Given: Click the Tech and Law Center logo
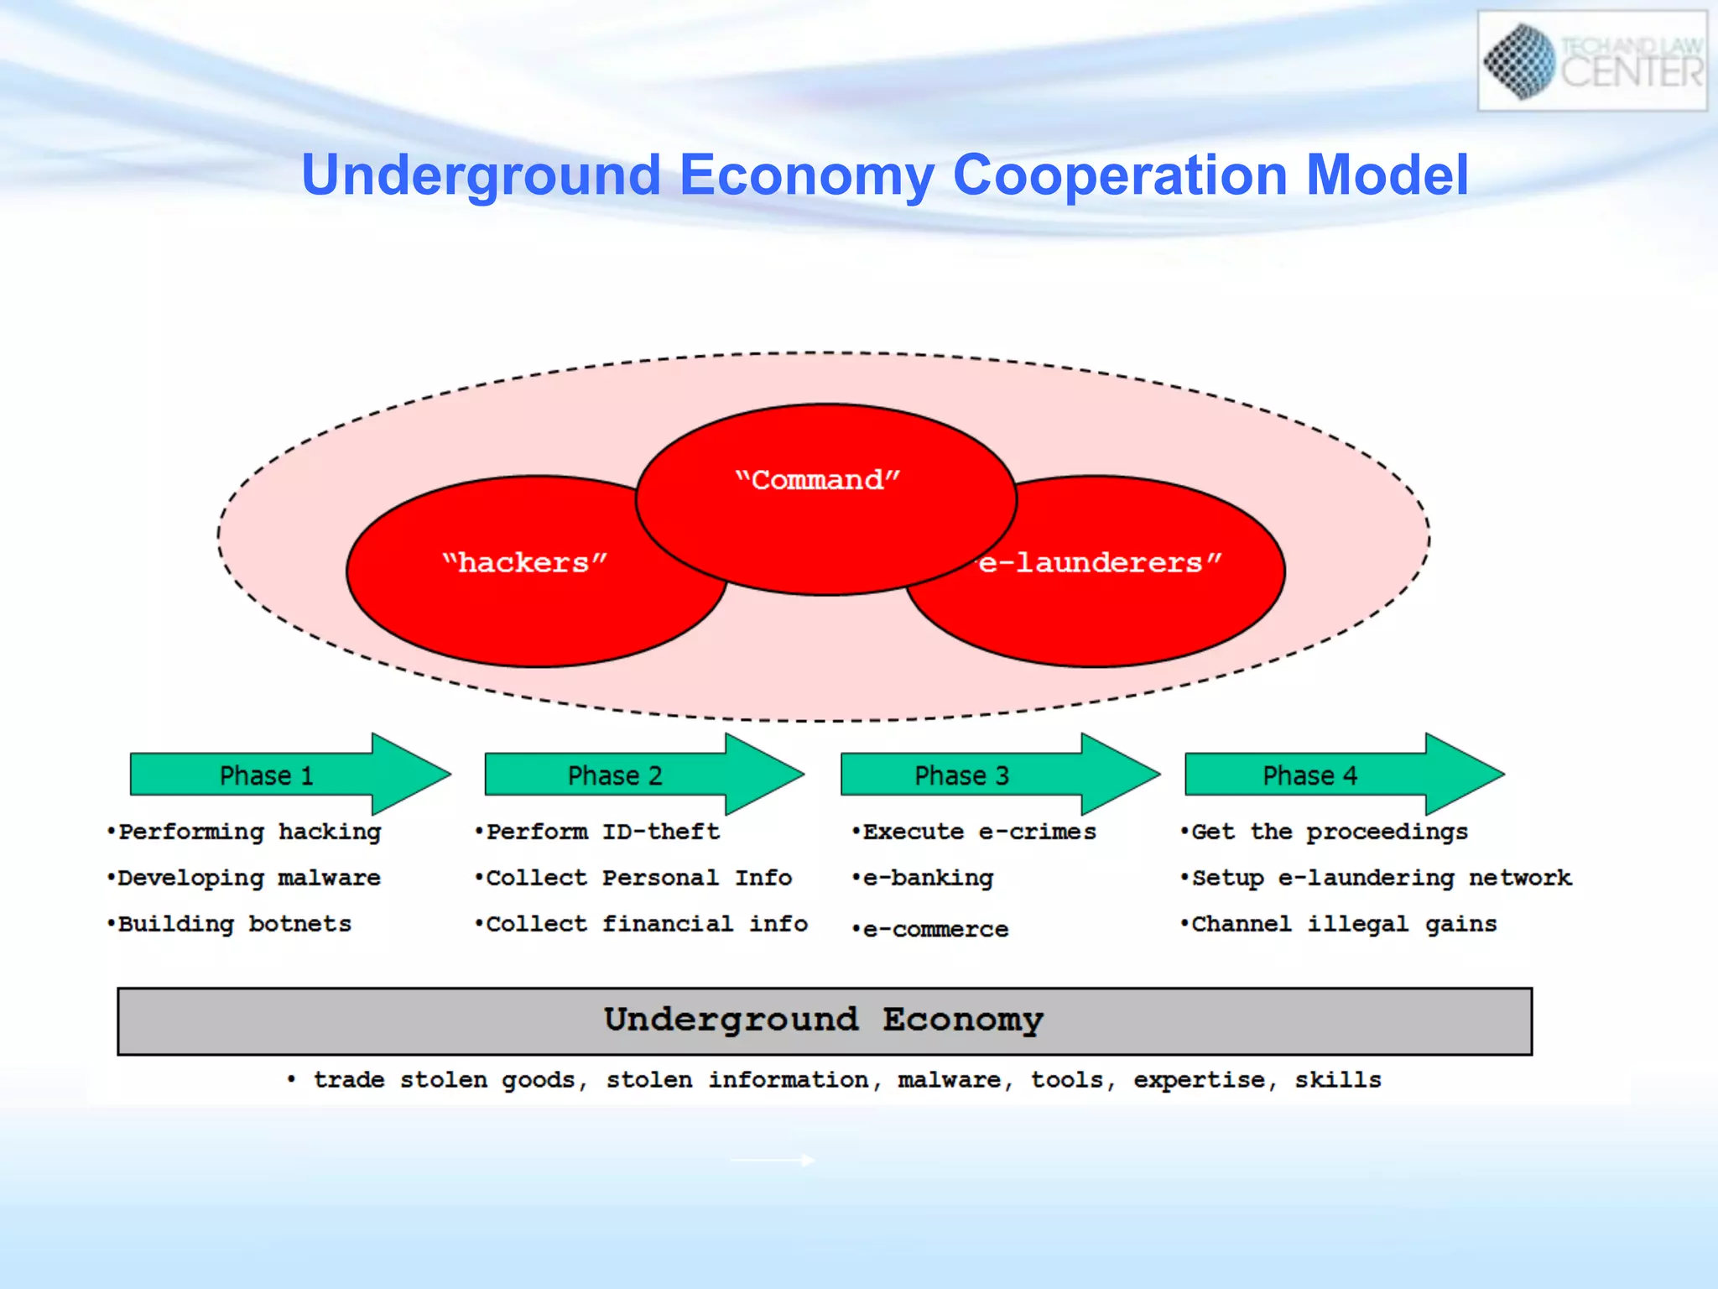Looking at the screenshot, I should pos(1591,60).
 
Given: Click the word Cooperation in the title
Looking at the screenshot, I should pos(1120,175).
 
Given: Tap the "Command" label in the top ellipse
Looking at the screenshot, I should pos(817,480).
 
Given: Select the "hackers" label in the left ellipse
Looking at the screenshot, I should pos(524,562).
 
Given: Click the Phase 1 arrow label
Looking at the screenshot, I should pos(266,775).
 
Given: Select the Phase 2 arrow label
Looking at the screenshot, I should pos(615,775).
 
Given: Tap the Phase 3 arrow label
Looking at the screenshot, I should pos(961,775).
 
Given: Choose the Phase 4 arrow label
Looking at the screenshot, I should pos(1309,775).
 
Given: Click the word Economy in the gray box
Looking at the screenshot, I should pos(962,1020).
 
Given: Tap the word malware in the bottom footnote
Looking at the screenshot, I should pos(949,1080).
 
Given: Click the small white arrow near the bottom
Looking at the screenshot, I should pos(773,1161).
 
